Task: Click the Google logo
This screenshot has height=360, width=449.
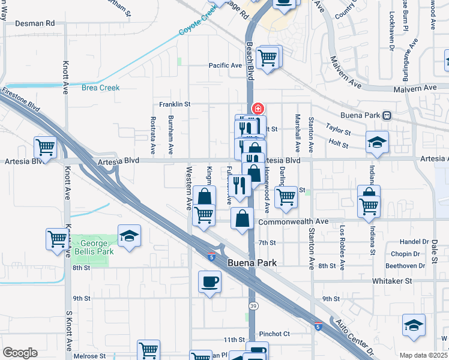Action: point(20,353)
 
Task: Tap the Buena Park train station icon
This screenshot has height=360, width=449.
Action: point(388,115)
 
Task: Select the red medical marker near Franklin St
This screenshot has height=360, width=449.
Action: point(258,109)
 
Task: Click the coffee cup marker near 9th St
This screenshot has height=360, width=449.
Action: point(209,281)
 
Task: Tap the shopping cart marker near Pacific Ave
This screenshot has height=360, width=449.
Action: point(267,58)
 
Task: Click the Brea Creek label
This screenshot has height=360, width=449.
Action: point(101,88)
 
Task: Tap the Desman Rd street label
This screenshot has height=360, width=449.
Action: point(35,23)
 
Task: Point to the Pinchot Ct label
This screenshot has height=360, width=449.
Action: point(274,334)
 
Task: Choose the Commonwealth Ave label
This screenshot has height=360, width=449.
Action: point(294,221)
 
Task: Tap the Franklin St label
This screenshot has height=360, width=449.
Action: point(175,104)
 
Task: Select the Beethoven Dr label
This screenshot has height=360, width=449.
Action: point(405,265)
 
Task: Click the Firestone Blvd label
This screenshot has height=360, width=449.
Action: point(23,99)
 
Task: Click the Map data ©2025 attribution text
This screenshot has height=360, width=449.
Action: point(423,355)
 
